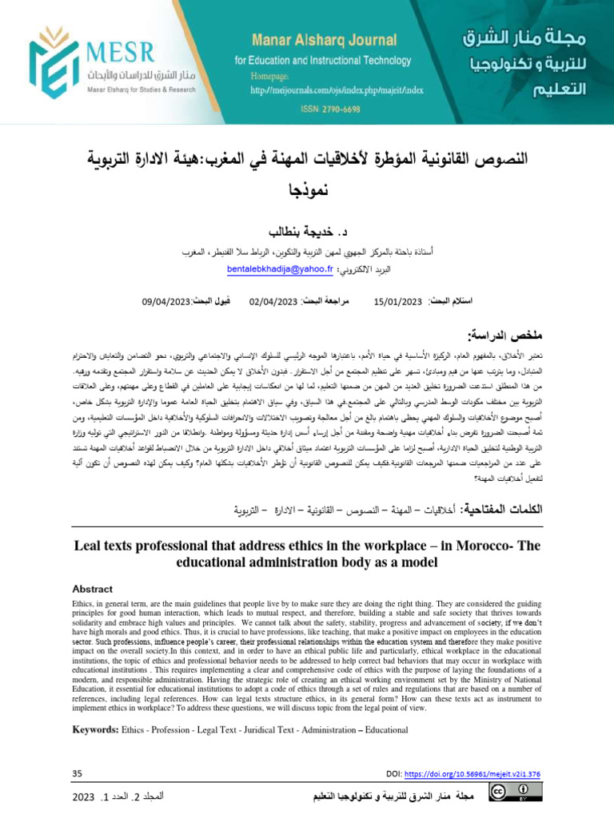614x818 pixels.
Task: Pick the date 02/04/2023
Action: pos(273,301)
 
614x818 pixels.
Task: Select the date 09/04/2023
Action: pos(165,301)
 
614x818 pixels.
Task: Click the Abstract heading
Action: pos(93,589)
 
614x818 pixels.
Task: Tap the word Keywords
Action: pos(95,730)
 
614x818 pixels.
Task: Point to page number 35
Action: pos(78,773)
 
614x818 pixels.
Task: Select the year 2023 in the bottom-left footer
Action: pos(84,797)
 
